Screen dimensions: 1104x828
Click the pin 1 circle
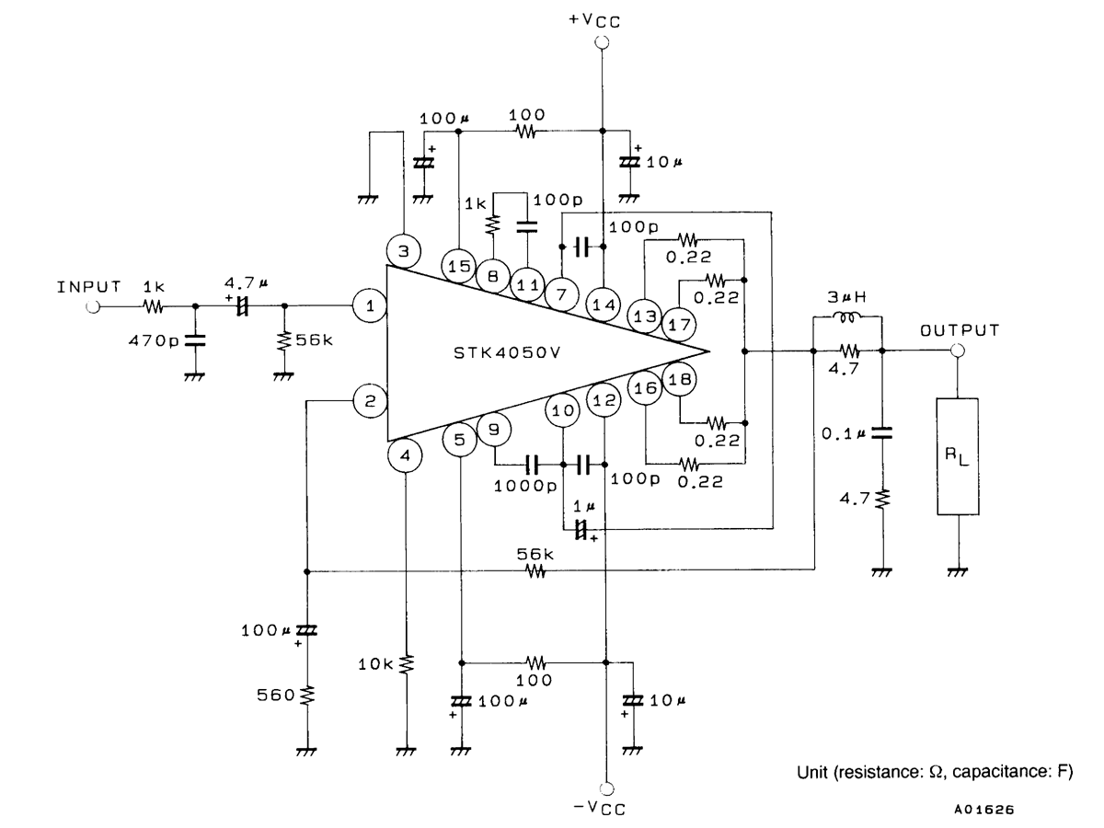point(370,305)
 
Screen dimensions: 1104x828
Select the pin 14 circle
point(604,305)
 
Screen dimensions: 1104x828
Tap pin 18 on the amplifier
point(680,379)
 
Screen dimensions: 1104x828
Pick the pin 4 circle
point(405,455)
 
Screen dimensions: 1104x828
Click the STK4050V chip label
point(507,353)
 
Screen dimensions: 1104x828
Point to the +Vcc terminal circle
point(602,42)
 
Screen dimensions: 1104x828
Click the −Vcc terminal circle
point(607,788)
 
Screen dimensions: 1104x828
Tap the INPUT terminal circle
point(93,306)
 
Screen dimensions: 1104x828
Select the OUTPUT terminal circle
point(958,351)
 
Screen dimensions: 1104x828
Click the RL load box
point(958,456)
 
